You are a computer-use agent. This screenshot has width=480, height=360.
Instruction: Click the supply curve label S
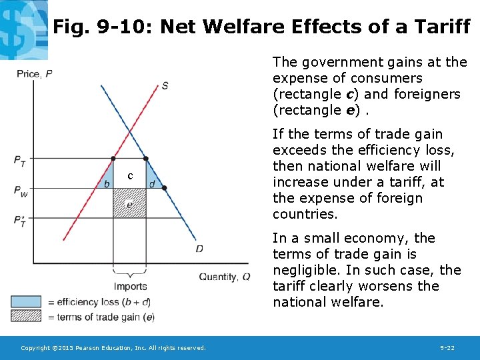pyautogui.click(x=165, y=86)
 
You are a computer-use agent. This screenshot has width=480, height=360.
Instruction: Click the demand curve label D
pyautogui.click(x=199, y=249)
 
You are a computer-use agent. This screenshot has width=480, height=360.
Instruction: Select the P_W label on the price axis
pyautogui.click(x=21, y=190)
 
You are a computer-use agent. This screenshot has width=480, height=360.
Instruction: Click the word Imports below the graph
pyautogui.click(x=130, y=287)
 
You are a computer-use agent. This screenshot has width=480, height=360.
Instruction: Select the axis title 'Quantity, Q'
pyautogui.click(x=225, y=277)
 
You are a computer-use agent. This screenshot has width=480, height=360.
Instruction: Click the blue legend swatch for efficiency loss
pyautogui.click(x=25, y=302)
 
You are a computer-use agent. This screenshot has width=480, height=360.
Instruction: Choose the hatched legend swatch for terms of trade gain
pyautogui.click(x=25, y=317)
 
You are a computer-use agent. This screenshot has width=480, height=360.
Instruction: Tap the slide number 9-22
pyautogui.click(x=447, y=348)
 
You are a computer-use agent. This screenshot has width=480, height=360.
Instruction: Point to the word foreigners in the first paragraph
pyautogui.click(x=427, y=94)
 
